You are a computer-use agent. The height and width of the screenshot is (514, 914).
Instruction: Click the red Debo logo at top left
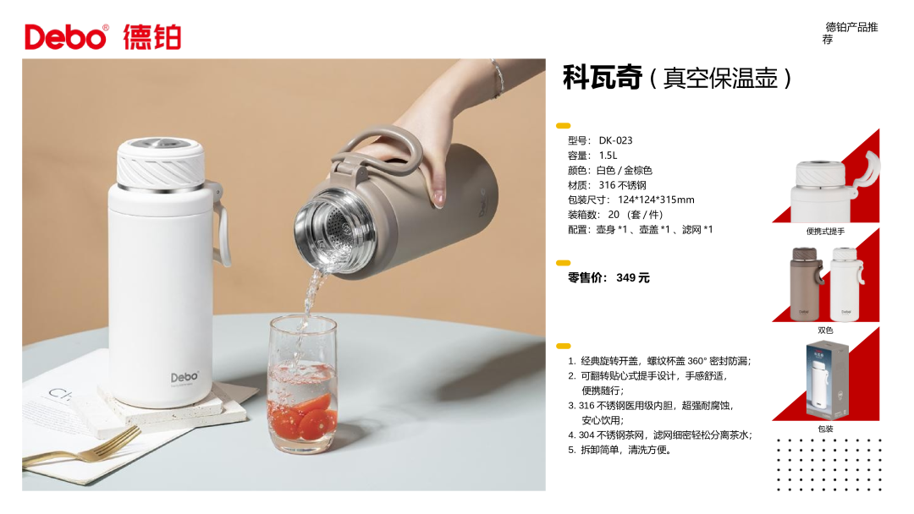(66, 37)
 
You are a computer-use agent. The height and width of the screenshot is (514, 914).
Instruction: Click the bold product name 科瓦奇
(603, 78)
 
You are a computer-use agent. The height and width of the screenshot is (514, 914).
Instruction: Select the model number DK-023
(615, 140)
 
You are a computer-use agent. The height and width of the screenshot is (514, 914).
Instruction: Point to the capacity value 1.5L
(608, 156)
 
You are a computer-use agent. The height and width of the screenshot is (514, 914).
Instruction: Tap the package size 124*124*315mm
(657, 200)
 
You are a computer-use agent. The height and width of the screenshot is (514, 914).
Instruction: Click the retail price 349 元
(633, 277)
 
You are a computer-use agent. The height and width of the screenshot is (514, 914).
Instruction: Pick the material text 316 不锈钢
(623, 185)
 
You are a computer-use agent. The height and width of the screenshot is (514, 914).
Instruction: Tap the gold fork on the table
(81, 449)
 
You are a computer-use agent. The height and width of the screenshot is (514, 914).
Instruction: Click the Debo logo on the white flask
(184, 377)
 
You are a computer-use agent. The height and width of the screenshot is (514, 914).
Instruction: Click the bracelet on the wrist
(498, 78)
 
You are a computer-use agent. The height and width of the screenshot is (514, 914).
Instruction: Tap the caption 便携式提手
(825, 231)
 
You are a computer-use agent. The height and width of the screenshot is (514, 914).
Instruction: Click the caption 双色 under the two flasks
(825, 330)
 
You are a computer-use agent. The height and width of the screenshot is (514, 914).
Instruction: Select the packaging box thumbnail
(826, 380)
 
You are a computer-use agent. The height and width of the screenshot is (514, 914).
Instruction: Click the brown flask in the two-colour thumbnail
(806, 284)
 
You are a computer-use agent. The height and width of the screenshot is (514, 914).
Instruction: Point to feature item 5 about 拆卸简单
(621, 450)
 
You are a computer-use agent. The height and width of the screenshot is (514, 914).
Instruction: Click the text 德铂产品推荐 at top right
(850, 33)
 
